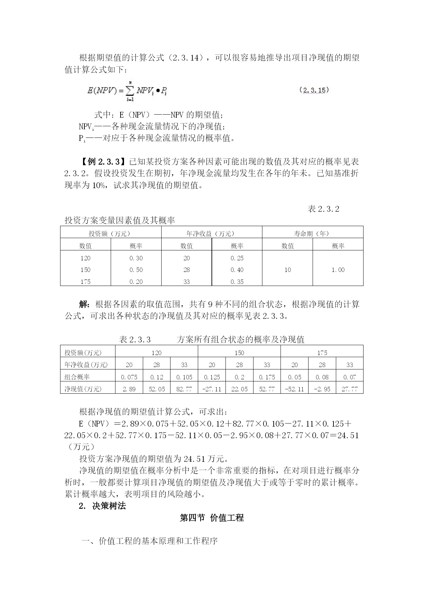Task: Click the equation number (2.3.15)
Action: coord(314,90)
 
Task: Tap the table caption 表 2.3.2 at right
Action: coord(323,209)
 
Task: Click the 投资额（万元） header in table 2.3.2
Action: coord(110,234)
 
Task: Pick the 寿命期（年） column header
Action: coord(312,234)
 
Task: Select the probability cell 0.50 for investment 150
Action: coord(136,270)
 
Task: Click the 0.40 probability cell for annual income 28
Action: coord(237,270)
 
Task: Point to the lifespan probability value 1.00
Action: coord(338,270)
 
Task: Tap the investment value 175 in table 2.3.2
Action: coord(85,282)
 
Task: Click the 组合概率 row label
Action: coord(77,377)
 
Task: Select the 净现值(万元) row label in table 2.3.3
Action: coord(83,389)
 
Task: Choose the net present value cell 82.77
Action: coord(184,389)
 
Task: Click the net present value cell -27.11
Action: coord(212,389)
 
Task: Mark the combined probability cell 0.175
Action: coord(267,377)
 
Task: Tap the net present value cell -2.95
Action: coord(322,389)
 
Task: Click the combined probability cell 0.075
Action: coord(129,377)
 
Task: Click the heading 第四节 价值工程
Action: coord(212,518)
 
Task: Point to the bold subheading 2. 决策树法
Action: coord(102,506)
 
